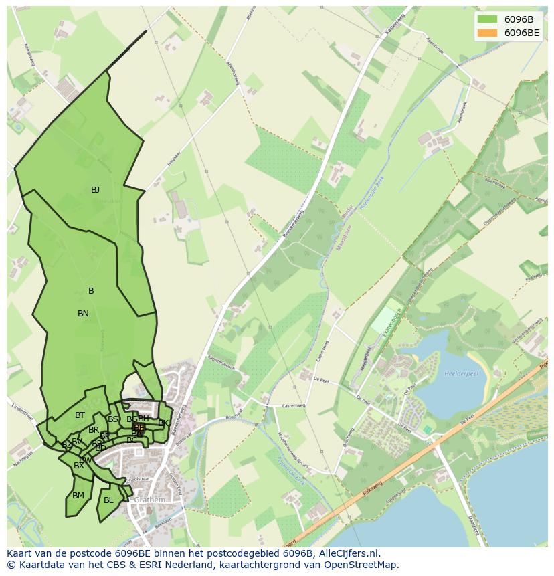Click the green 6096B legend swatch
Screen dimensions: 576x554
coord(487,19)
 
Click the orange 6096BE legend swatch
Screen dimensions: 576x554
coord(487,33)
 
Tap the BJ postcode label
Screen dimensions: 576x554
coord(95,190)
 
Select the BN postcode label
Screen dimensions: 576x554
coord(83,314)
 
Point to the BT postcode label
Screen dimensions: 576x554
coord(80,415)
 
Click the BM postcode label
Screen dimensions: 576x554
coord(78,496)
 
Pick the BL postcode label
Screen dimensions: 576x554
coord(108,500)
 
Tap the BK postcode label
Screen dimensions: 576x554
coord(163,423)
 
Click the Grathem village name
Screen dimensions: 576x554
coord(149,500)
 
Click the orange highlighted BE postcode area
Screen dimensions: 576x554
coord(138,427)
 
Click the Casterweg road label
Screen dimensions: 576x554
coord(294,405)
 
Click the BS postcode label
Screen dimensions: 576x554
coord(113,419)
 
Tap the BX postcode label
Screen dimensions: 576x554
coord(79,466)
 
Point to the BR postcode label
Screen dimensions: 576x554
coord(94,430)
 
